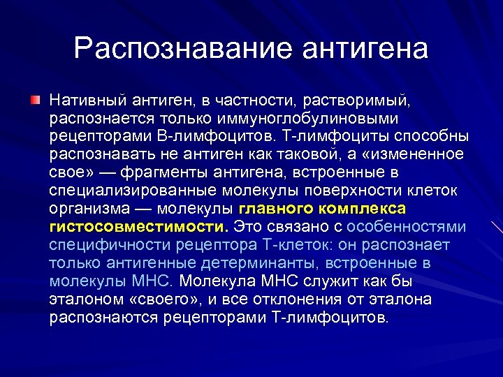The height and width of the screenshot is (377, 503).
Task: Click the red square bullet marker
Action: click(36, 101)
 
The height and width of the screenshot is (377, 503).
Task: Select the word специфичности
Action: click(102, 245)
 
